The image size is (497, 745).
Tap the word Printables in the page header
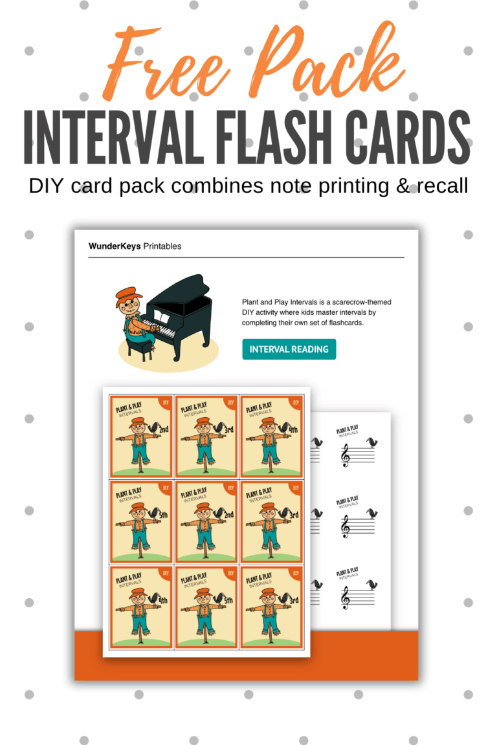coord(162,246)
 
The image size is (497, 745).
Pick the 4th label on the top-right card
coord(293,427)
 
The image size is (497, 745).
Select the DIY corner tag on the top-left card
coord(166,402)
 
